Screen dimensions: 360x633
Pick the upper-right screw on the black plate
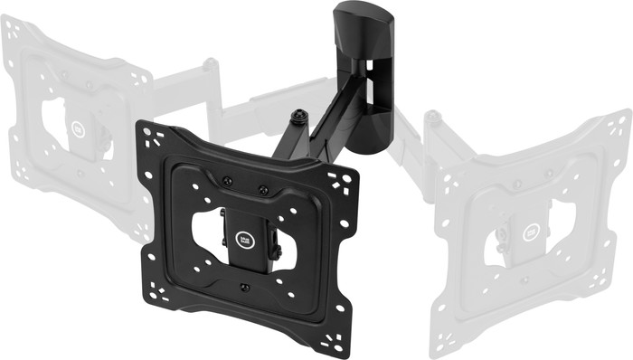click(x=263, y=190)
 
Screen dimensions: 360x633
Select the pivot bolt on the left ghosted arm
click(x=211, y=64)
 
